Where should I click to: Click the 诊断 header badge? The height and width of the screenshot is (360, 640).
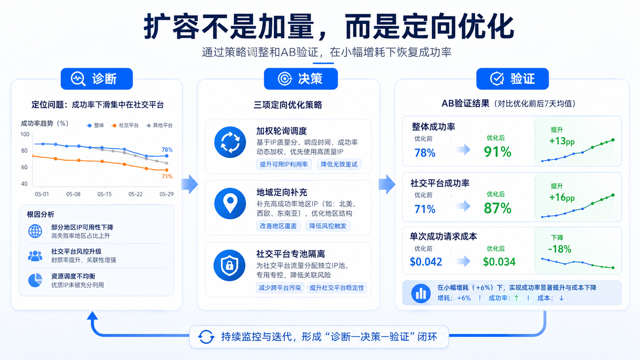click(x=96, y=79)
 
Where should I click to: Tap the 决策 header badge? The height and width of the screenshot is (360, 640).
click(x=301, y=79)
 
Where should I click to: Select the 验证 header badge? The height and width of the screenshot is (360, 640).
click(x=513, y=79)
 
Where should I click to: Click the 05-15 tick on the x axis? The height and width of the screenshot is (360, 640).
click(x=104, y=194)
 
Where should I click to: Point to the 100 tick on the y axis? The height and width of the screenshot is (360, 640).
click(x=25, y=134)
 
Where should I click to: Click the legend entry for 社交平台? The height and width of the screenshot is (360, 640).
click(x=126, y=125)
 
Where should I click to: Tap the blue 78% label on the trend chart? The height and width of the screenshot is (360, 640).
click(x=167, y=150)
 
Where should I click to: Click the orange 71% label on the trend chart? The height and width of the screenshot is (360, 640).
click(x=167, y=176)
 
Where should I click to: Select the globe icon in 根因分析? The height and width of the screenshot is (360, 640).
click(x=35, y=231)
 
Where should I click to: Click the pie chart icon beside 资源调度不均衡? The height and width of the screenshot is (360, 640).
click(x=35, y=280)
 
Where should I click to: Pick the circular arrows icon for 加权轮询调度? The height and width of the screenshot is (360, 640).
click(x=230, y=142)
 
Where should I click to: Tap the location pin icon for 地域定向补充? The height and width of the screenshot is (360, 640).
click(x=230, y=204)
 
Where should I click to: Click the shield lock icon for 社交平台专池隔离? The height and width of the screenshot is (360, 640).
click(x=229, y=266)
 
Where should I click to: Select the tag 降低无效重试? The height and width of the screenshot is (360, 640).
click(x=339, y=164)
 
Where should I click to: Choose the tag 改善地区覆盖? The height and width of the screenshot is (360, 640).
click(x=278, y=226)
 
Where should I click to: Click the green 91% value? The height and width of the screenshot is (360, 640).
click(x=498, y=151)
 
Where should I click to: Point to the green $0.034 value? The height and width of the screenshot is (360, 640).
click(x=499, y=262)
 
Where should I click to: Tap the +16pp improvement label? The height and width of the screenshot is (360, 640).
click(x=562, y=197)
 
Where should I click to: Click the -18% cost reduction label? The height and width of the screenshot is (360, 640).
click(x=560, y=249)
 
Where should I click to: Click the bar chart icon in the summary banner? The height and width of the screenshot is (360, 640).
click(x=421, y=293)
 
